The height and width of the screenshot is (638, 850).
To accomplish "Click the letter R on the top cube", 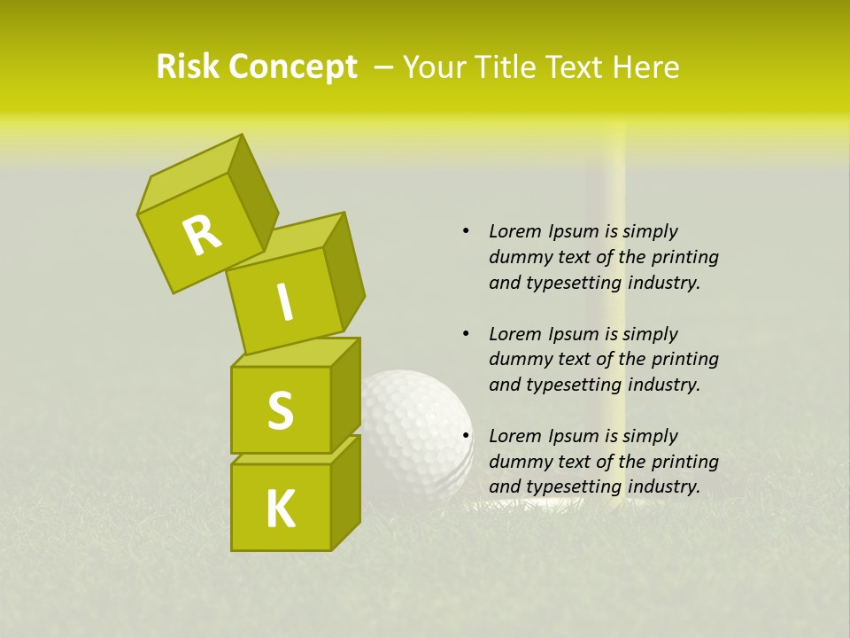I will [202, 235].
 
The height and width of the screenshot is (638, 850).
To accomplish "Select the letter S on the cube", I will [281, 411].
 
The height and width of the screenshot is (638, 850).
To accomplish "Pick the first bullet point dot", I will [466, 231].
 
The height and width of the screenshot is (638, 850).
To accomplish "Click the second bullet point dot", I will [466, 334].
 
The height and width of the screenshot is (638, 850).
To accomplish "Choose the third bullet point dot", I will [466, 436].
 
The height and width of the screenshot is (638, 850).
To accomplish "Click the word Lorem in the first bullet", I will [514, 231].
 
